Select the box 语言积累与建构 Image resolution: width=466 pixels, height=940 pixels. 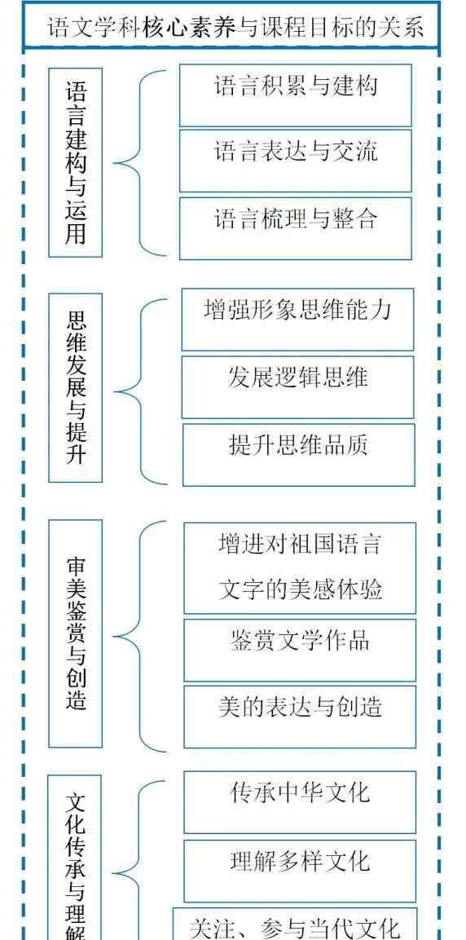tap(296, 95)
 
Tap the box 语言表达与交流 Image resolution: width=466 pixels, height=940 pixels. tap(296, 161)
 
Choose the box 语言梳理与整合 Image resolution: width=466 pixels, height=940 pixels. tap(296, 228)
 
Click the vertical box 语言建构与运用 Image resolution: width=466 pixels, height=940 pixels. tap(76, 162)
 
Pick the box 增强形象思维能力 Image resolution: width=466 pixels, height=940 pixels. tap(297, 320)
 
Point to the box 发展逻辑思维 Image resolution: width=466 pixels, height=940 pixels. tap(297, 387)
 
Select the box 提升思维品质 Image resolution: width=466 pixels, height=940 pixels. tap(299, 455)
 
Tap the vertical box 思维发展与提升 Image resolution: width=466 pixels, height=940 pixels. tap(76, 388)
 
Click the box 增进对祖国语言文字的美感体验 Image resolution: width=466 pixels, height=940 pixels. tap(300, 568)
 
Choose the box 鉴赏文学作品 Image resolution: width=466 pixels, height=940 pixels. tap(300, 651)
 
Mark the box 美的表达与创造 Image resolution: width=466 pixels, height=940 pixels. tap(300, 717)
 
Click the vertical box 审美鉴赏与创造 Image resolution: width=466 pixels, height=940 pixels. tap(76, 633)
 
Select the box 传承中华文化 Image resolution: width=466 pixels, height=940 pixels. tap(300, 802)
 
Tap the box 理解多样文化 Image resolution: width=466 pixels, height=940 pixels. tap(300, 871)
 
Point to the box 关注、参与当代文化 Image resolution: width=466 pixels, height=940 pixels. tap(295, 924)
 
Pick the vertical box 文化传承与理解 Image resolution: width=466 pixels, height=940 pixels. tap(75, 858)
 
